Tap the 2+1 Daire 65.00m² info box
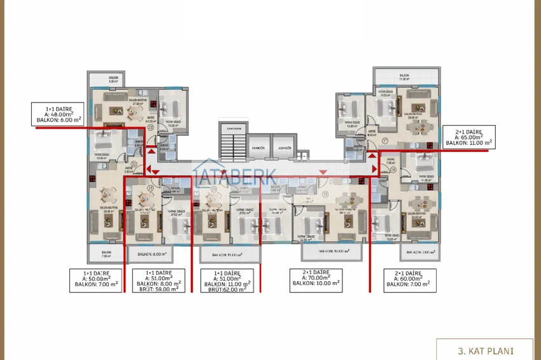tap(470, 137)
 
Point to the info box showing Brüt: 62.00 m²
tap(226, 280)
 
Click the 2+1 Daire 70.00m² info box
tap(316, 280)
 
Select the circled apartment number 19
tap(326, 194)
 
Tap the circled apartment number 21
tap(150, 189)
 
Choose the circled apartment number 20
tap(214, 189)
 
